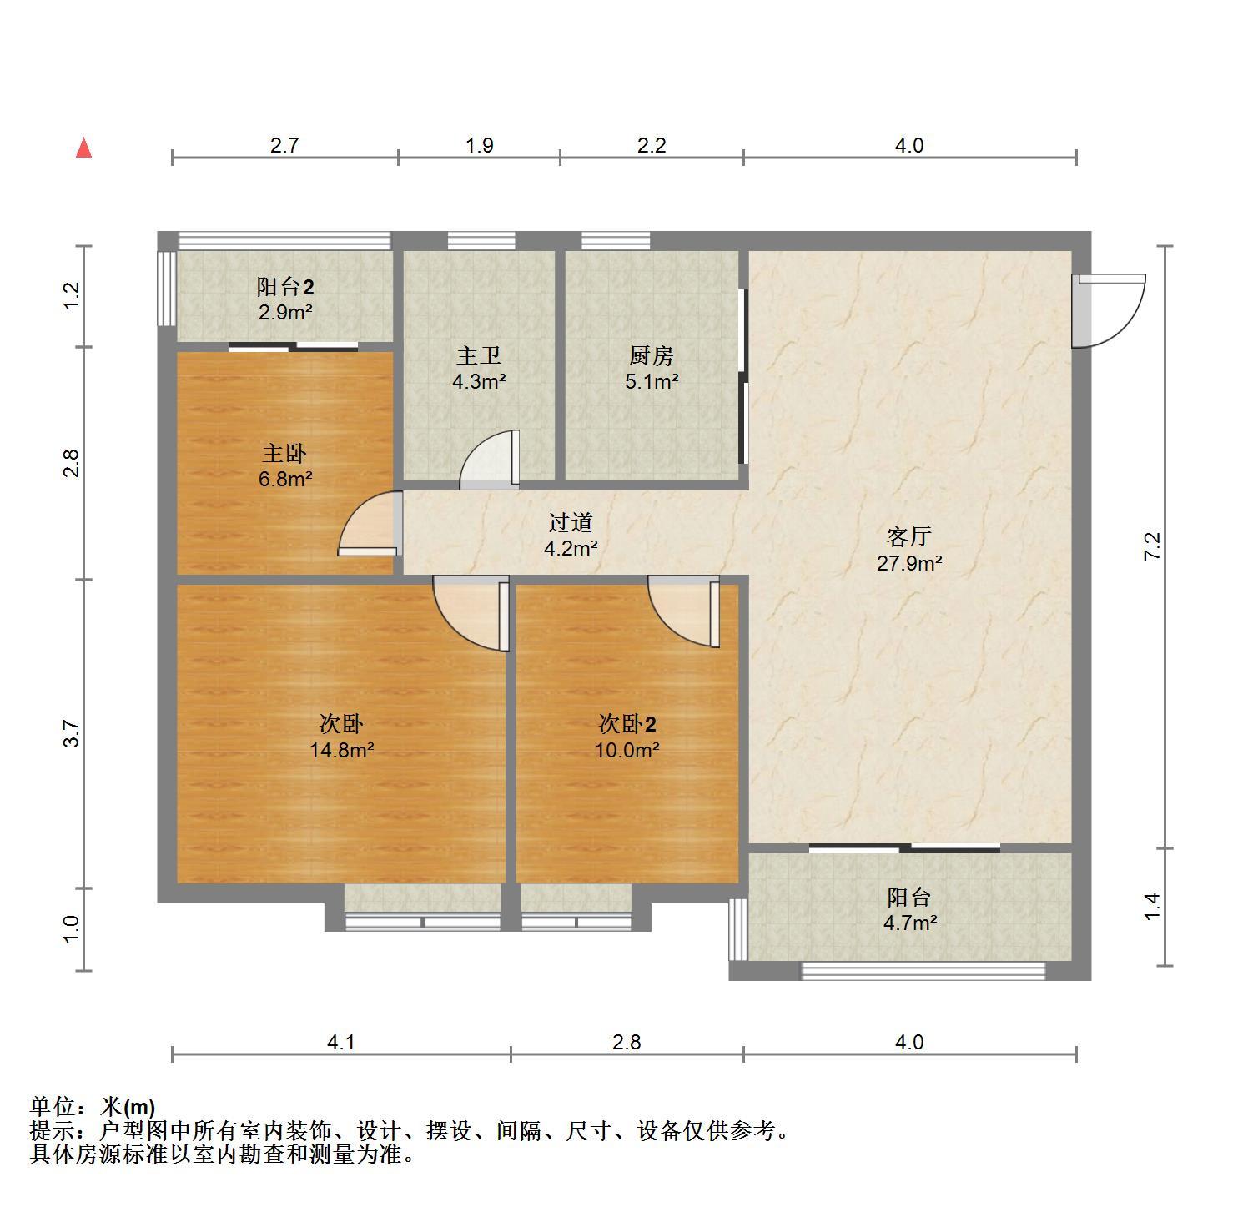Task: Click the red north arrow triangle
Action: click(x=83, y=148)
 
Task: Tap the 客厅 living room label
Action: click(x=908, y=536)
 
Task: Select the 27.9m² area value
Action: click(x=909, y=563)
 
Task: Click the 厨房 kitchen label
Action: click(x=651, y=356)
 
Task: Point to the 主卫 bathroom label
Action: click(x=479, y=356)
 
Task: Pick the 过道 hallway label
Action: click(x=571, y=523)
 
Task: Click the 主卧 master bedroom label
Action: click(x=284, y=454)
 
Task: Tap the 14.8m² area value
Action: click(x=342, y=750)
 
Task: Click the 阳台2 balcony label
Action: click(x=285, y=288)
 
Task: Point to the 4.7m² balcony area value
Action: click(x=909, y=923)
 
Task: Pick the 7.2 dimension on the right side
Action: click(x=1152, y=546)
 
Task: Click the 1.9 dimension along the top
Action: click(x=479, y=145)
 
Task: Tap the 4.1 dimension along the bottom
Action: click(x=341, y=1042)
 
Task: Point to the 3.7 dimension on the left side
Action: click(x=73, y=733)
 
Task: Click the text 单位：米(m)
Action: click(x=93, y=1107)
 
